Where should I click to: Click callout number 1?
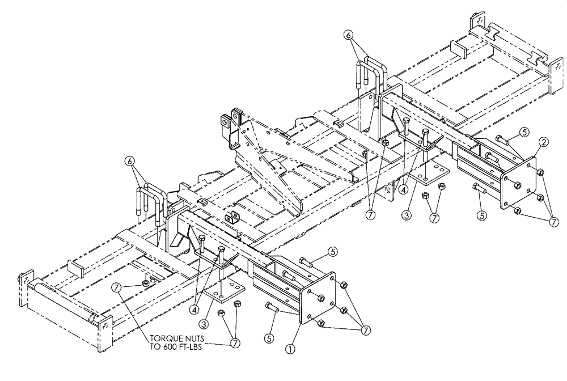[x=291, y=350]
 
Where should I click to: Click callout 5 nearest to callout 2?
[x=524, y=132]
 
